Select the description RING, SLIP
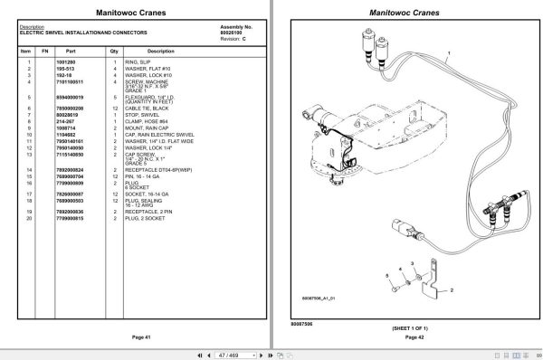click(150, 62)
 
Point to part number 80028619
click(72, 113)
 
